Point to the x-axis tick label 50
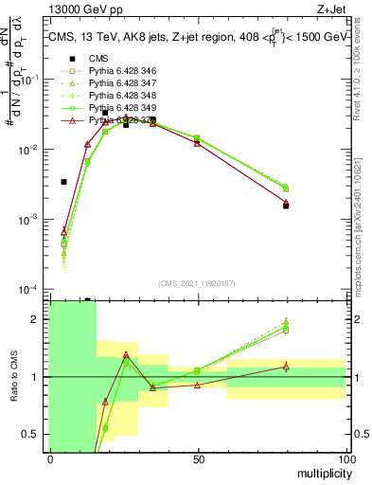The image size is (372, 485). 198,458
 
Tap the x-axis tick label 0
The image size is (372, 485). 50,458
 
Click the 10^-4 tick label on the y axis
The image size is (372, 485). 33,289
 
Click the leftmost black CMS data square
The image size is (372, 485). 63,182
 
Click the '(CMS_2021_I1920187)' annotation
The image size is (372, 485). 197,282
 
